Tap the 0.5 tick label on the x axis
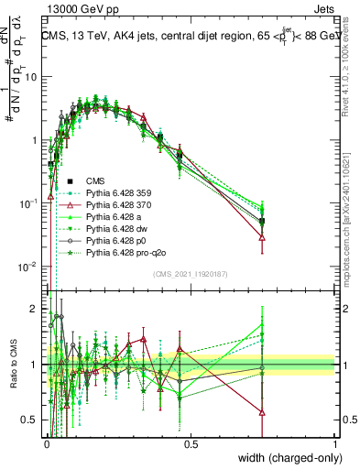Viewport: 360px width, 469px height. click(190, 443)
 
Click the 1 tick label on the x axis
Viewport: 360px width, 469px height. click(335, 443)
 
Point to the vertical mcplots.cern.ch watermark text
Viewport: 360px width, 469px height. click(352, 211)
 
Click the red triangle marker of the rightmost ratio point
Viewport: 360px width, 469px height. click(263, 411)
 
